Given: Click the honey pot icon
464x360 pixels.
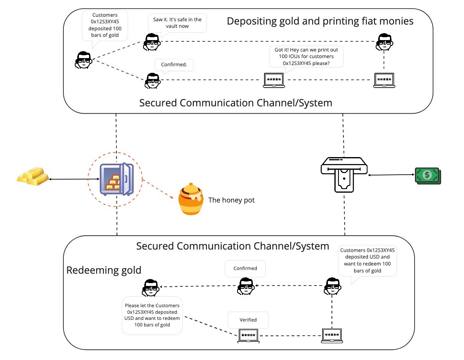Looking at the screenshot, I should (x=191, y=200).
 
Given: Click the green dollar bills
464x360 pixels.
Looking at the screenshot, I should (x=428, y=175).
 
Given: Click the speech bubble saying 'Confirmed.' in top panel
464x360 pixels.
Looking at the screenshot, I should (x=174, y=65).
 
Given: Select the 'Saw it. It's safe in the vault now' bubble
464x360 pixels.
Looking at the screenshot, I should (x=177, y=23).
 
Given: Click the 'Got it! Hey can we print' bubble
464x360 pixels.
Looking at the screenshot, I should (x=306, y=56).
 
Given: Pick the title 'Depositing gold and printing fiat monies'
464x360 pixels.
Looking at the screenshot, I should (x=320, y=21).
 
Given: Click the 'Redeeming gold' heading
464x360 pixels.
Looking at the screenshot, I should (x=104, y=270).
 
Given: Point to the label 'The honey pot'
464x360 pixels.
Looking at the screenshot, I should (x=231, y=200).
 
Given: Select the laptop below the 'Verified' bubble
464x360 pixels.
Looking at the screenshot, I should (x=249, y=335).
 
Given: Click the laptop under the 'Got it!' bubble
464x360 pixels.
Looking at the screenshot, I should (x=274, y=80).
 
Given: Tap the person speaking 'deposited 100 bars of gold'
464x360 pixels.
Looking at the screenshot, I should (x=83, y=60).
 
